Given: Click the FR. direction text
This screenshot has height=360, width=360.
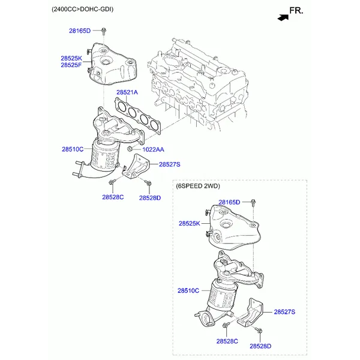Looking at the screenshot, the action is point(296,11).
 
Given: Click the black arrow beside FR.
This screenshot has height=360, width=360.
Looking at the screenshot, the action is point(283,17).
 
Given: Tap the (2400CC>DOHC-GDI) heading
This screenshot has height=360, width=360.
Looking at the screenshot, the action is point(82,9).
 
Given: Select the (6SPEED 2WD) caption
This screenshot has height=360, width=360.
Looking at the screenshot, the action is point(198,186).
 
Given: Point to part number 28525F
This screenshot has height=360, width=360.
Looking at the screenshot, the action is point(71,65).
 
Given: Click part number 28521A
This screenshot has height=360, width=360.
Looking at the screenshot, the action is point(127,92).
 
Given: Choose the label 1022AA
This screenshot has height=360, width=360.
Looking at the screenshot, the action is point(153,149).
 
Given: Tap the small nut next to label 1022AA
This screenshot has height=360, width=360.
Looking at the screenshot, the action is point(130,149).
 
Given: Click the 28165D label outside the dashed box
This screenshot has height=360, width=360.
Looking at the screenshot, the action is point(80,31).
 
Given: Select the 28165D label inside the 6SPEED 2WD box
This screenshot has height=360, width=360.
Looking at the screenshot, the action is point(229,202).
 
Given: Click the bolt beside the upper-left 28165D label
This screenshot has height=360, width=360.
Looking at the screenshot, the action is point(104,31).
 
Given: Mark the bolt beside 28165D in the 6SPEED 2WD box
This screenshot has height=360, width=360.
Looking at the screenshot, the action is point(253,203).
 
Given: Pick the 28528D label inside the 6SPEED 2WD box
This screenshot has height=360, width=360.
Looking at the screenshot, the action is point(260,346).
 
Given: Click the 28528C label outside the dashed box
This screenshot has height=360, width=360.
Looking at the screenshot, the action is point(113,197).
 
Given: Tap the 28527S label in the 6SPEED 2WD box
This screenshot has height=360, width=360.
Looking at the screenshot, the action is point(284,312).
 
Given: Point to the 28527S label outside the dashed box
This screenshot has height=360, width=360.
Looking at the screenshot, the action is point(170,164).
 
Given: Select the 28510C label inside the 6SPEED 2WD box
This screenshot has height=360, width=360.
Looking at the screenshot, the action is point(188,290).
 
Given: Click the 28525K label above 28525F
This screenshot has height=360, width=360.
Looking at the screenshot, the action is point(71,58).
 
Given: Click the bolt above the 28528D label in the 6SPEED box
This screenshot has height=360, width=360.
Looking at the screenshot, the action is point(259,330).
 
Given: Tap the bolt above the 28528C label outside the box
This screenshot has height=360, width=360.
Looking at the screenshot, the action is point(112,182).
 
